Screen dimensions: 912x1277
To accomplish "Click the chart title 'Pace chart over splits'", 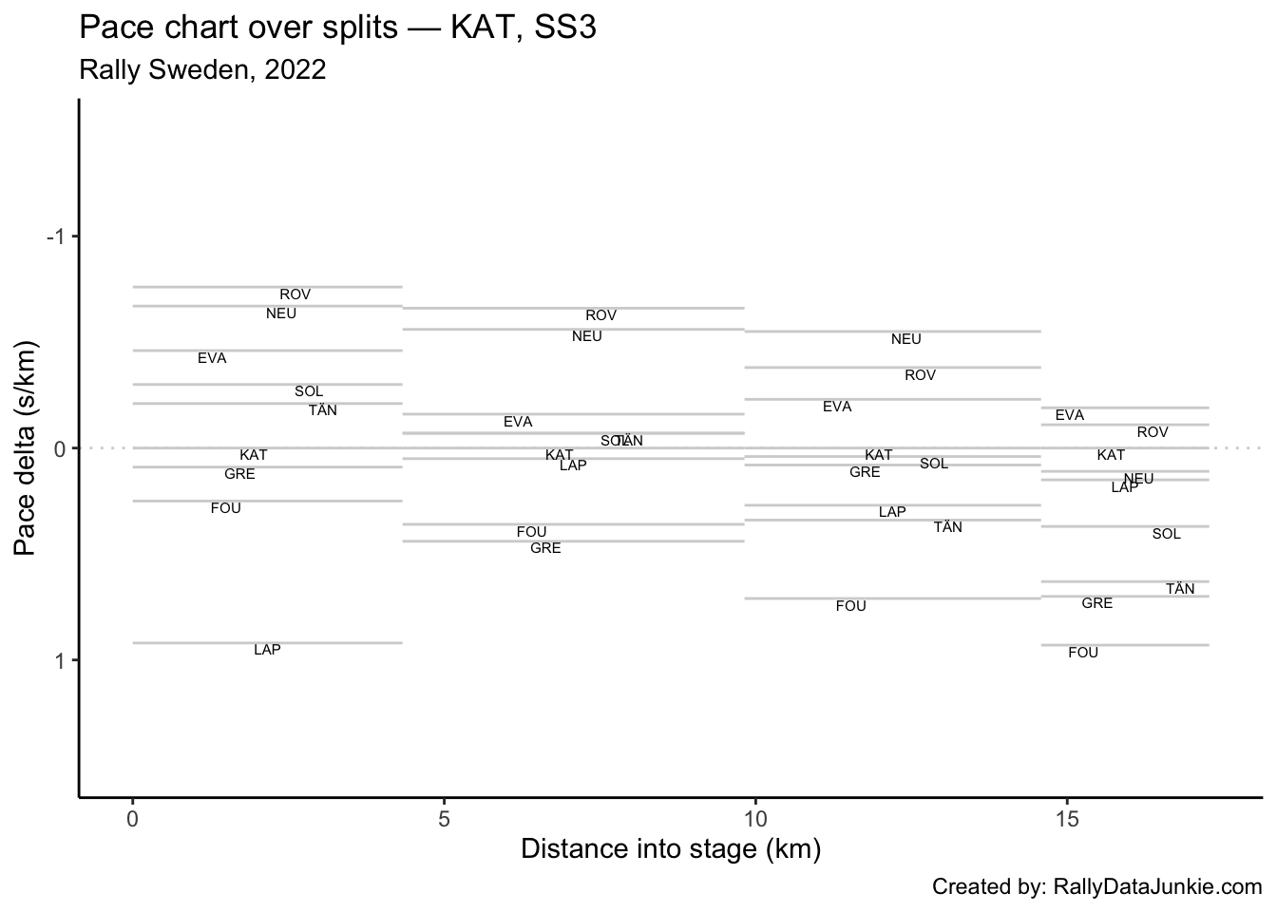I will (337, 28).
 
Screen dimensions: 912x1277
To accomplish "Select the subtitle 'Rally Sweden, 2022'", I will (202, 69).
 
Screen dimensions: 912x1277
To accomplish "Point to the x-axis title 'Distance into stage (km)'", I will (670, 848).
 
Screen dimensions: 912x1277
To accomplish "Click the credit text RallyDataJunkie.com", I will (1096, 887).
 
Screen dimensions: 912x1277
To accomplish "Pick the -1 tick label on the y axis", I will (57, 237).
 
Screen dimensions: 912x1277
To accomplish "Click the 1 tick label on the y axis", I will (61, 660).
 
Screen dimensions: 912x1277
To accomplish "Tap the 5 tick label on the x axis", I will (444, 819).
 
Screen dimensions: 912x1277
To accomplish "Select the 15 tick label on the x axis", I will (1067, 819).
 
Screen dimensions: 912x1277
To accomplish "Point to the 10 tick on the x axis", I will (755, 819).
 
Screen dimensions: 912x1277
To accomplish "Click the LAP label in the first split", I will (267, 650).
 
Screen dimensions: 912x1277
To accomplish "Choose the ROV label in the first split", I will (295, 294).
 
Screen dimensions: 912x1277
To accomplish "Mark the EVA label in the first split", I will (212, 358).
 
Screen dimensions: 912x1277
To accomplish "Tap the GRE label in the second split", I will (545, 548).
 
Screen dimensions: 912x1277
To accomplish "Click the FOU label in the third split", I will (850, 606).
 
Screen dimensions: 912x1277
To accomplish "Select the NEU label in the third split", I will (905, 339).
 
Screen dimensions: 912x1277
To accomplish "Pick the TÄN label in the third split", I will (947, 527).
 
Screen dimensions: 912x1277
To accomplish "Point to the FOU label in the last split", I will (1082, 653).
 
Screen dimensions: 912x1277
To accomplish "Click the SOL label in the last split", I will (1166, 534).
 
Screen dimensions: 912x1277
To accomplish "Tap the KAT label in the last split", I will (1111, 455).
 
